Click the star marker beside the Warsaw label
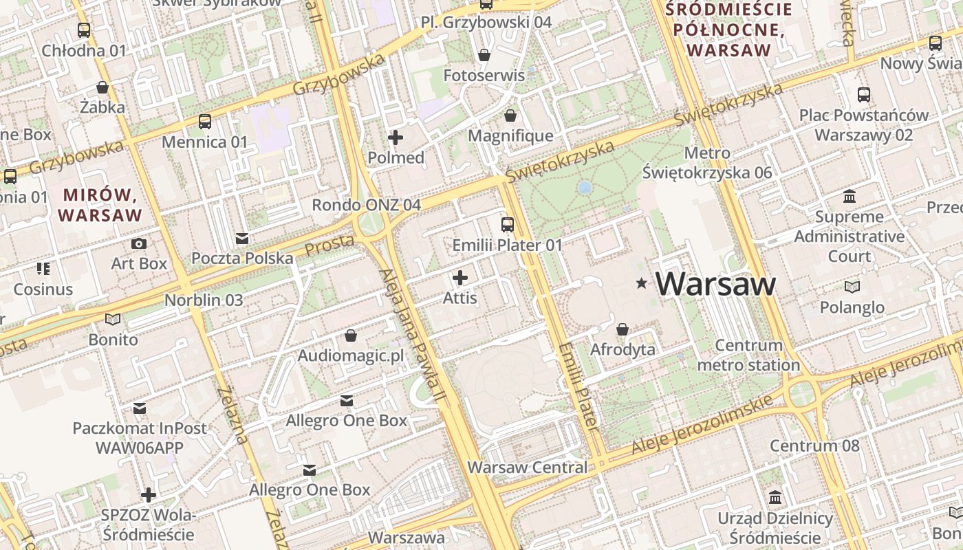click(x=642, y=283)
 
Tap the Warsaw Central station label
click(x=528, y=467)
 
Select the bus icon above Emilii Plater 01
click(x=508, y=224)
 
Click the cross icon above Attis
click(x=460, y=278)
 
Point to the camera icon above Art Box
click(x=139, y=243)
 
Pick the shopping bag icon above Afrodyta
click(x=623, y=329)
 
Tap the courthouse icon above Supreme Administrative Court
click(x=850, y=197)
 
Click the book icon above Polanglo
click(x=852, y=287)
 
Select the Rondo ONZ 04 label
click(x=366, y=205)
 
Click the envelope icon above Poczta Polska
click(x=242, y=239)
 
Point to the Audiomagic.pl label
click(x=351, y=356)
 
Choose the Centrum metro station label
click(x=748, y=355)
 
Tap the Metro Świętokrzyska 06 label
click(x=708, y=163)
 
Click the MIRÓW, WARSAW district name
click(x=100, y=205)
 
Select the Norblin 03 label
click(x=204, y=300)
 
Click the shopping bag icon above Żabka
click(x=102, y=87)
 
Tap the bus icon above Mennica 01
click(x=204, y=122)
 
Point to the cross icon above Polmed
click(x=396, y=137)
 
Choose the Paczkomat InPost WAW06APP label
click(x=140, y=438)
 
